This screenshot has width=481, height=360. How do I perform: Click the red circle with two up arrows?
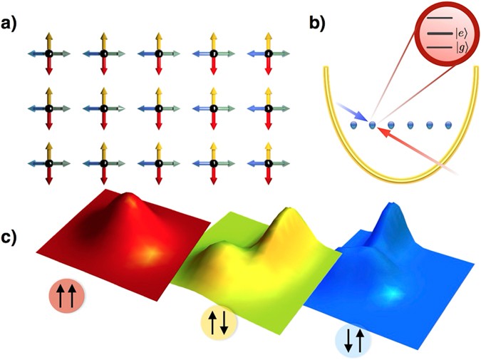(x=66, y=294)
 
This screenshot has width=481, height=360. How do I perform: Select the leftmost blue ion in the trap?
(x=354, y=125)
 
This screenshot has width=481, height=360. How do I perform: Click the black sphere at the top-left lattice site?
(x=48, y=53)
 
